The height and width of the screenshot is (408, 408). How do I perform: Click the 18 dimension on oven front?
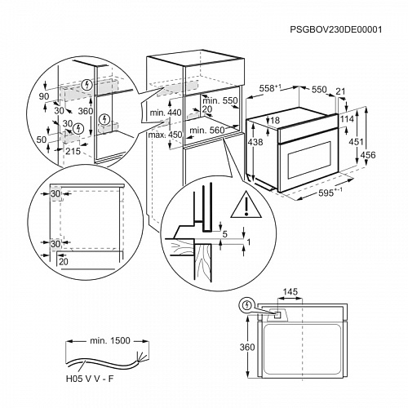(276, 121)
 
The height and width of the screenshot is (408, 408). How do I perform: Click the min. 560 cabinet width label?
(204, 129)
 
